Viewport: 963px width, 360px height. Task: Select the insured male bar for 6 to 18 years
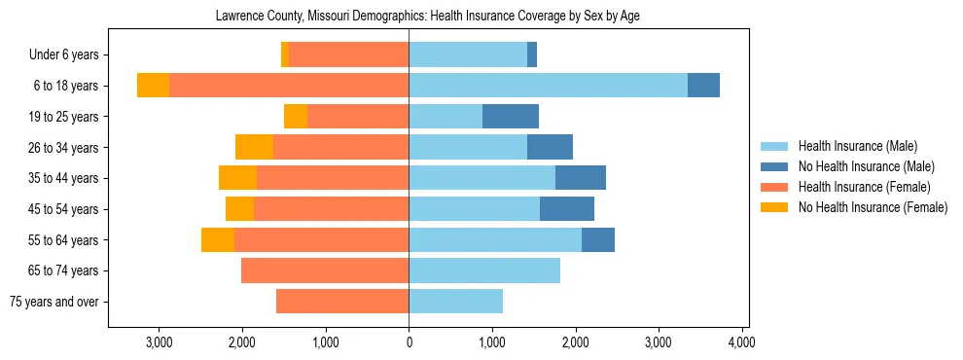tap(548, 86)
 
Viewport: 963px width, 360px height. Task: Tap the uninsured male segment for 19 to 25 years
tap(511, 117)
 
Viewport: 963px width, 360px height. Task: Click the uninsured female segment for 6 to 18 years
tap(153, 86)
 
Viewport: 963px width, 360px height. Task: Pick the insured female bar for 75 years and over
tap(342, 302)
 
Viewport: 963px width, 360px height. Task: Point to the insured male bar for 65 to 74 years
tap(484, 270)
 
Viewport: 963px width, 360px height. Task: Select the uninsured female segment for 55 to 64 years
tap(218, 240)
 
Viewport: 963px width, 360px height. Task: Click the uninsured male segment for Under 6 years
tap(532, 55)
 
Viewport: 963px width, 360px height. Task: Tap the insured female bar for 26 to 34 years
tap(340, 147)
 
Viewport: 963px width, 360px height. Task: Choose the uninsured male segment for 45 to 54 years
tap(567, 209)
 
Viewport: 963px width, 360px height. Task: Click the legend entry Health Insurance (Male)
tap(857, 146)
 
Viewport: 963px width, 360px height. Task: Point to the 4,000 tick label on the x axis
tap(742, 342)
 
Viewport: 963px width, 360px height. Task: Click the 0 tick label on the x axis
tap(409, 342)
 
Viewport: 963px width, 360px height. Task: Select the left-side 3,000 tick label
tap(158, 342)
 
